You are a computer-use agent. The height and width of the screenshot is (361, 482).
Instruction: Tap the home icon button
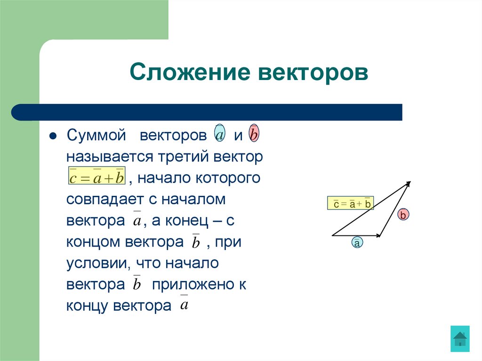click(460, 338)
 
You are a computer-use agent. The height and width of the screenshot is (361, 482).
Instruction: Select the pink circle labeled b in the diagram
click(403, 215)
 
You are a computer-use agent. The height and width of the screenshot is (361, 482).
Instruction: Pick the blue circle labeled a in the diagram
click(357, 243)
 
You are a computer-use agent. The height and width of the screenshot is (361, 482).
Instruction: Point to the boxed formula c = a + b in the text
click(96, 177)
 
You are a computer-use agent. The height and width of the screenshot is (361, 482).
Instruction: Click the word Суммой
click(96, 136)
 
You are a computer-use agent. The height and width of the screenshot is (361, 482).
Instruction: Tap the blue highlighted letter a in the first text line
click(219, 135)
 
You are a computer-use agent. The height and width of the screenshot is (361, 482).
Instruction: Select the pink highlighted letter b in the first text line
click(254, 135)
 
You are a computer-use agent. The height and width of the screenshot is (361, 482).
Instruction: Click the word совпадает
click(99, 199)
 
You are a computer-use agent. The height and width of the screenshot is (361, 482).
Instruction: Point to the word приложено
click(193, 284)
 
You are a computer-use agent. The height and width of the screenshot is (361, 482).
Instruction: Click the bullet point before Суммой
click(53, 136)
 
